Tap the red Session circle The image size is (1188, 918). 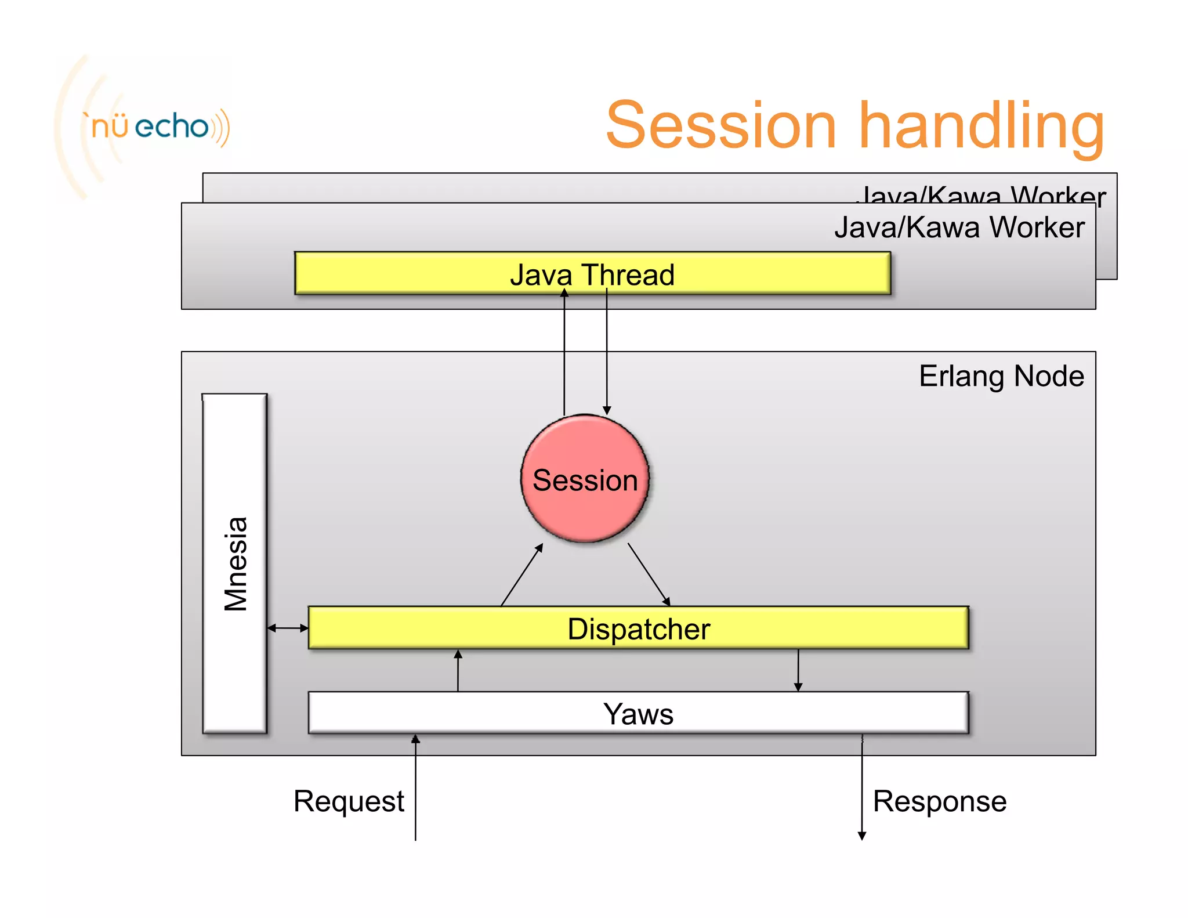coord(585,479)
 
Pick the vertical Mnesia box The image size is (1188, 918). coord(235,563)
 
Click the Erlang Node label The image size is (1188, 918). coord(1001,376)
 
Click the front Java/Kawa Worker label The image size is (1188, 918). coord(959,227)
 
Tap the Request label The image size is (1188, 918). coord(349,801)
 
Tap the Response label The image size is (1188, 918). coord(939,801)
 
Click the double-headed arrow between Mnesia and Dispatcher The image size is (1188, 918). coord(288,628)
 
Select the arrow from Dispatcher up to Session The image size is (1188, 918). coord(521,575)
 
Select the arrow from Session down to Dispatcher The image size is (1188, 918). coord(649,574)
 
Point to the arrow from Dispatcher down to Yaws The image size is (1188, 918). coord(798,670)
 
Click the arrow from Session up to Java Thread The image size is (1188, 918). coord(564,354)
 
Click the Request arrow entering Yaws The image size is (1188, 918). coord(415,789)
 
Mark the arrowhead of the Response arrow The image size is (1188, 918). coord(862,835)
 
